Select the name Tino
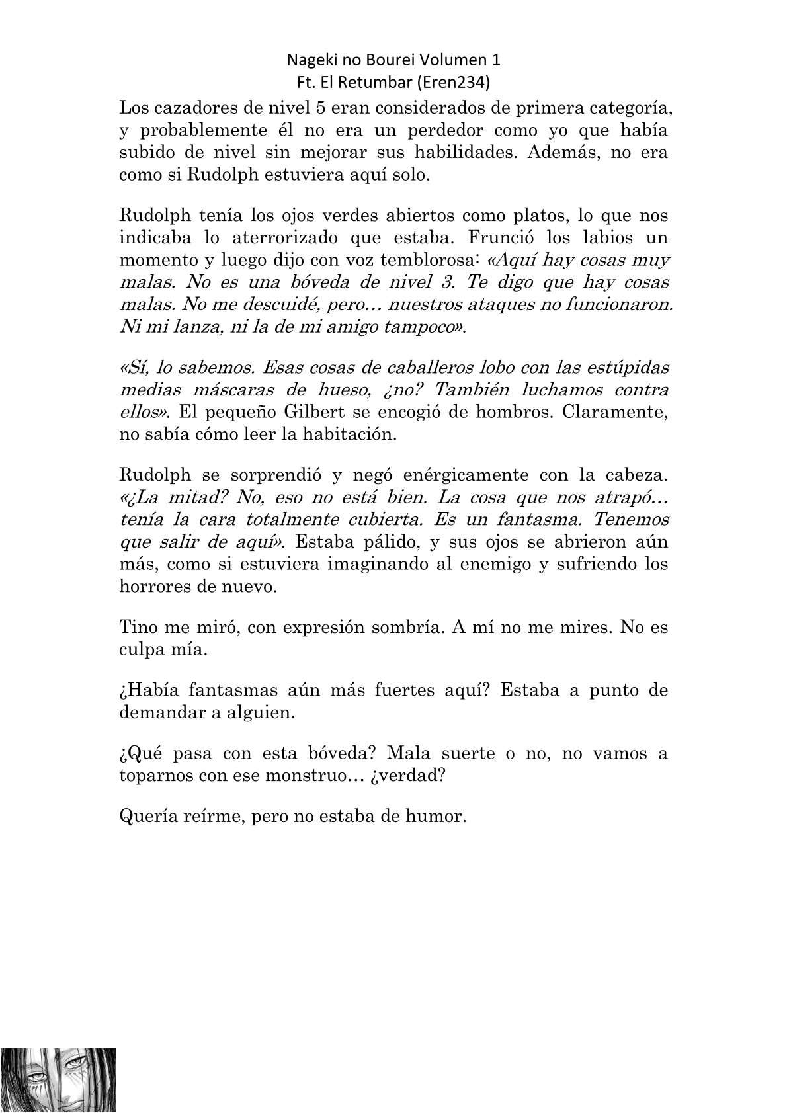tap(136, 626)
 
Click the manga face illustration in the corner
tap(58, 1079)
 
